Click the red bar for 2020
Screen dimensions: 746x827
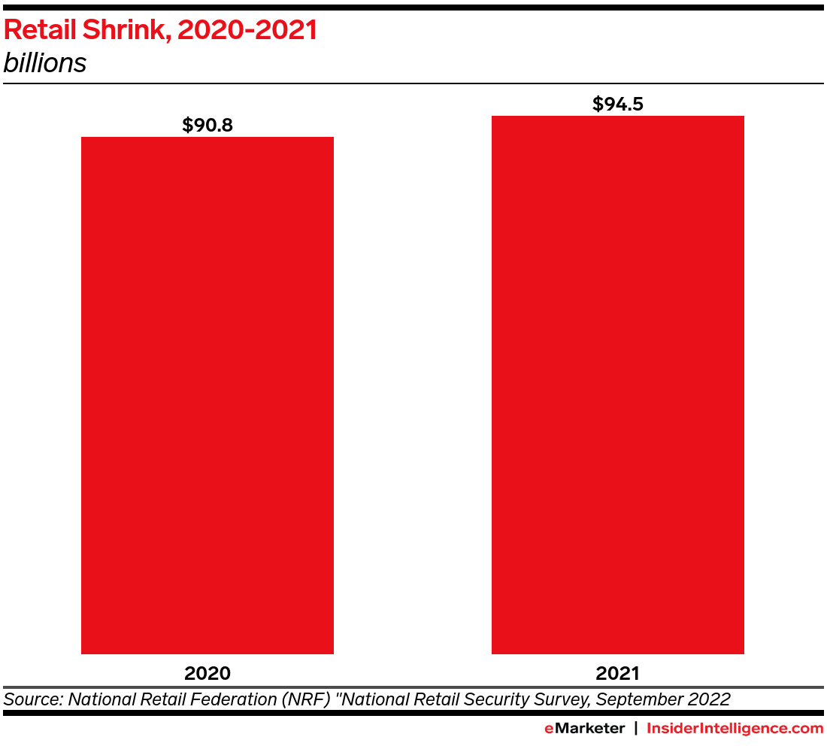tap(208, 395)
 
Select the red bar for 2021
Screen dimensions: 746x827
tap(617, 384)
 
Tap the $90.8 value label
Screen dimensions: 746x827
tap(208, 125)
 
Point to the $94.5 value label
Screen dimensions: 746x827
tap(617, 104)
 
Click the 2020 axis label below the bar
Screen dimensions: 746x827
tap(208, 672)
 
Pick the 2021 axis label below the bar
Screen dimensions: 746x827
tap(617, 672)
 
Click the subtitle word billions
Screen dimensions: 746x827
tap(45, 64)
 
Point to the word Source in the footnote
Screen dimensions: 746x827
tap(32, 699)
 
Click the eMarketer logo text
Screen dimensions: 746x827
tap(584, 728)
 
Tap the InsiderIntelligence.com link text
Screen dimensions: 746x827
tap(735, 728)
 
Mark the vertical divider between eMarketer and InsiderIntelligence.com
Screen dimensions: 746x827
tap(636, 728)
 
